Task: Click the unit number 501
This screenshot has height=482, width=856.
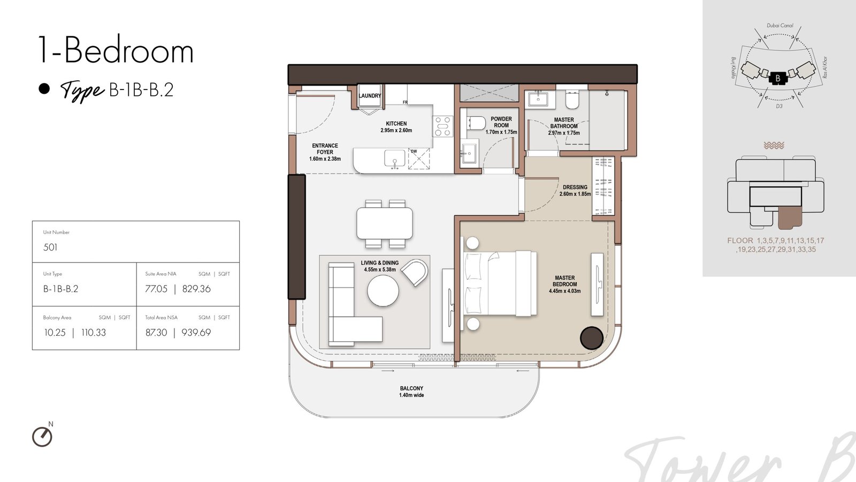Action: (50, 247)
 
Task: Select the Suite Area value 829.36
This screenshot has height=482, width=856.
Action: (196, 289)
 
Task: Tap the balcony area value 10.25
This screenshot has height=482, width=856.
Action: (55, 333)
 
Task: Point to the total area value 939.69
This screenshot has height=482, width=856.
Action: (196, 333)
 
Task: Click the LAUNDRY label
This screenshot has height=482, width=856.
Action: (370, 96)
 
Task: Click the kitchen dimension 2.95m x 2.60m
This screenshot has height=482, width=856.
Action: (396, 131)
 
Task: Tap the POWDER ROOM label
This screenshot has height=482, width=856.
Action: (501, 122)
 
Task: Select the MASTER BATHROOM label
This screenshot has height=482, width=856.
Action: (564, 123)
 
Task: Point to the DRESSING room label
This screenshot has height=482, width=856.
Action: (575, 187)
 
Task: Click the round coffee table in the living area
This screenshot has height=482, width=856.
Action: (383, 291)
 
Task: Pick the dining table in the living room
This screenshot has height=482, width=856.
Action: (385, 223)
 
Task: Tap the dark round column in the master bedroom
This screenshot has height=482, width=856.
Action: (592, 338)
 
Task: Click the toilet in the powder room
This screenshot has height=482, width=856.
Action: (476, 123)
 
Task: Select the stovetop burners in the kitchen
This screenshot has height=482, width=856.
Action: (443, 126)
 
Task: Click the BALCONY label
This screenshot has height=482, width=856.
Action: (411, 388)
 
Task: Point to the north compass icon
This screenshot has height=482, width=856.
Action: (42, 436)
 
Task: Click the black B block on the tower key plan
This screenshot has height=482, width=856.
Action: (778, 78)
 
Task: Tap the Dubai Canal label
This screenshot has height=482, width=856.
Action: (780, 26)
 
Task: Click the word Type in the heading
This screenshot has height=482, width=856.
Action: (82, 91)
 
